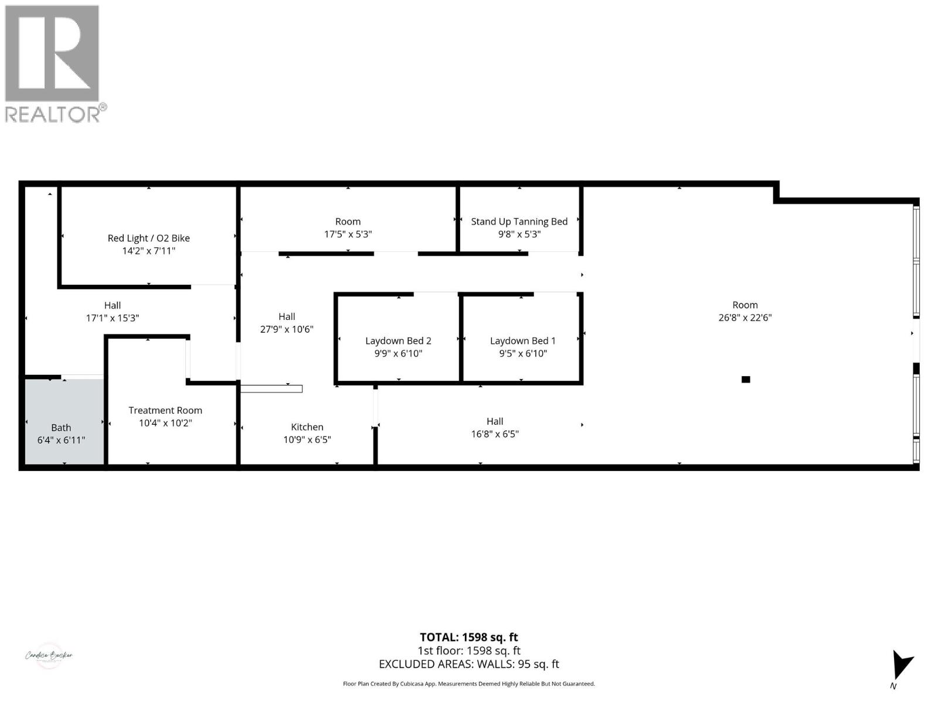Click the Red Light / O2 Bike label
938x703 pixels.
coord(148,238)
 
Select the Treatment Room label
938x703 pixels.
coord(165,410)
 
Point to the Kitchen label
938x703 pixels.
coord(307,427)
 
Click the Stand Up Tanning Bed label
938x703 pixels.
coord(519,221)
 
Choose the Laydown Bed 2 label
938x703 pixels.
coord(398,340)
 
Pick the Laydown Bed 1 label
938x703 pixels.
coord(522,340)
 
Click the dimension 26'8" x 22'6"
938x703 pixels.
coord(745,318)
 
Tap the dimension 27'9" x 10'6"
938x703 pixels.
coord(287,329)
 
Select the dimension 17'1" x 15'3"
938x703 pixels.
coord(113,318)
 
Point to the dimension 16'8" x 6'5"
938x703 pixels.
coord(495,434)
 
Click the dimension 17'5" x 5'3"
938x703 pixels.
coord(348,234)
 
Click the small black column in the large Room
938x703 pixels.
coord(746,380)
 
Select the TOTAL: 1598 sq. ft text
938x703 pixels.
coord(468,637)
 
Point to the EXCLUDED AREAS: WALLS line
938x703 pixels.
coord(468,664)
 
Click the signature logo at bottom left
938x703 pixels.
coord(49,656)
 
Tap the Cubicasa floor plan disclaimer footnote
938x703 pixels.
coord(468,684)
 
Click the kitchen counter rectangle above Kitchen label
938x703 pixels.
coord(271,388)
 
